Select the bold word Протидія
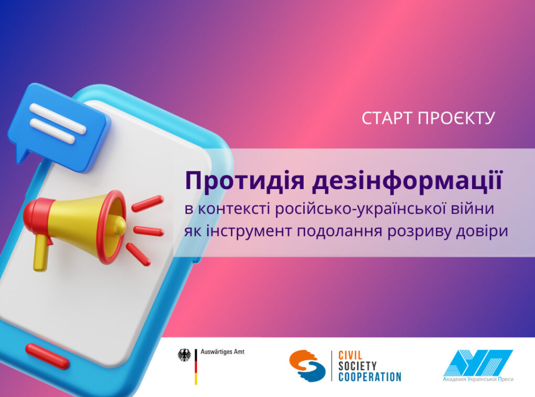(x=244, y=181)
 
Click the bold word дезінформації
(x=407, y=181)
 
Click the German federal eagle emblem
(x=185, y=356)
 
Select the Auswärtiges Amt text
(x=222, y=351)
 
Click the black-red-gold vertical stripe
(x=196, y=367)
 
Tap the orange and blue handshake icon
(x=307, y=365)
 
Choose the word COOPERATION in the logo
(x=370, y=377)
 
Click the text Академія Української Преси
(x=478, y=379)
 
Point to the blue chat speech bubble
(x=58, y=127)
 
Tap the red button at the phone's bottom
(x=47, y=356)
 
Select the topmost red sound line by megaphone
(x=147, y=204)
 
